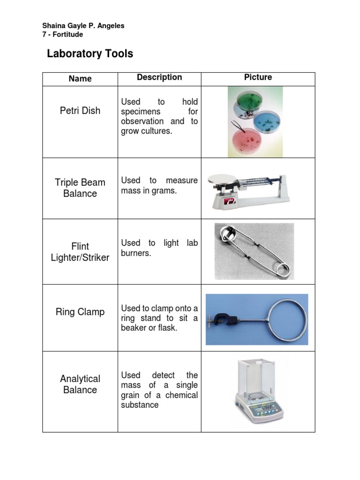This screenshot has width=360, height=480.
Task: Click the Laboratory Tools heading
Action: (x=90, y=54)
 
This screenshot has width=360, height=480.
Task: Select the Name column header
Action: (x=80, y=79)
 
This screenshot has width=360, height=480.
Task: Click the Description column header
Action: (x=159, y=77)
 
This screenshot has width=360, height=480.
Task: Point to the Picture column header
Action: (x=258, y=77)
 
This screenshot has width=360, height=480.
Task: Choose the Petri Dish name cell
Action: (x=80, y=111)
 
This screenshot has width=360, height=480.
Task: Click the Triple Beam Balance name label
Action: (x=80, y=188)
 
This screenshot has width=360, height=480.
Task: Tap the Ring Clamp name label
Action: (x=80, y=312)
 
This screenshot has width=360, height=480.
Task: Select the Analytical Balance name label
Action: (x=80, y=384)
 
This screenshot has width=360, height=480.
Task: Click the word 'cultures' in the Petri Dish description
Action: (x=157, y=131)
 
